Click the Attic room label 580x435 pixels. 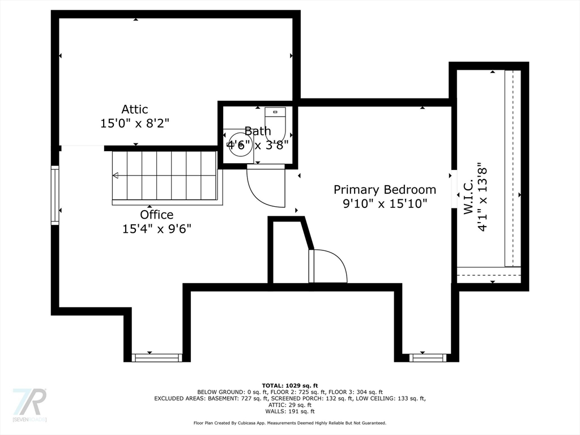[x=135, y=109]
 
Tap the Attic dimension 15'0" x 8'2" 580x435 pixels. [x=135, y=123]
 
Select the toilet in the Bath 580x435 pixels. [x=275, y=122]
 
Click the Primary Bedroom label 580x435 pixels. [x=385, y=190]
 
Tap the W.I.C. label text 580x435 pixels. [x=468, y=197]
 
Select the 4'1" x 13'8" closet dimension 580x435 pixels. [x=483, y=197]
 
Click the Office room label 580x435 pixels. [x=157, y=215]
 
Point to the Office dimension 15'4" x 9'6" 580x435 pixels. [x=157, y=229]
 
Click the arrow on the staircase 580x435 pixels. [x=116, y=176]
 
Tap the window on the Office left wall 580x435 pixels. [x=55, y=195]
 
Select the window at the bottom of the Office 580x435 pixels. [x=157, y=357]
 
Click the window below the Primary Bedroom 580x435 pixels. [x=428, y=357]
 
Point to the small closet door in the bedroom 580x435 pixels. [x=327, y=266]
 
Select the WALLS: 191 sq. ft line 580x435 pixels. [x=289, y=412]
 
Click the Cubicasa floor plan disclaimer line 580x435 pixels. [x=289, y=423]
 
